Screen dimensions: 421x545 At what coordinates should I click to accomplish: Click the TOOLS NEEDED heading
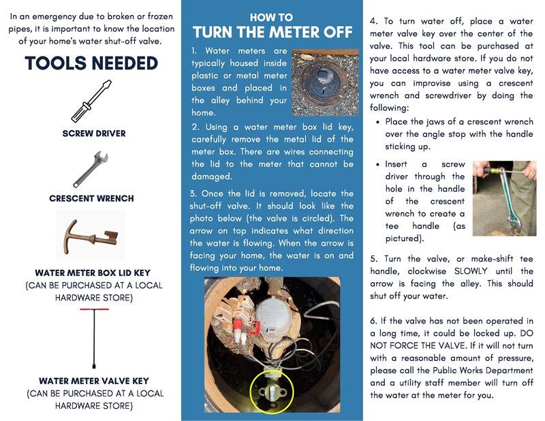pyautogui.click(x=91, y=63)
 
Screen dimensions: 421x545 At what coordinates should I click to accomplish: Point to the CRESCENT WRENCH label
pyautogui.click(x=91, y=199)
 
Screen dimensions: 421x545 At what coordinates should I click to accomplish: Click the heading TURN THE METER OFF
pyautogui.click(x=272, y=32)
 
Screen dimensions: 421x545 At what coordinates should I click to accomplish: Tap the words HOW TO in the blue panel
pyautogui.click(x=272, y=17)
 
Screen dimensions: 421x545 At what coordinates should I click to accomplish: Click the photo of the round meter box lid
pyautogui.click(x=325, y=82)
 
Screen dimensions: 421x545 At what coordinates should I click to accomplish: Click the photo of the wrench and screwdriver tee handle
pyautogui.click(x=504, y=198)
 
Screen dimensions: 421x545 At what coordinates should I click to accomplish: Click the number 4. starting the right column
pyautogui.click(x=374, y=20)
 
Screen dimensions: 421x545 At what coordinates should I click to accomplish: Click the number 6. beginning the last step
pyautogui.click(x=374, y=320)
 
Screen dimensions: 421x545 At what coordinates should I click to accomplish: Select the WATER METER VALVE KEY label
pyautogui.click(x=93, y=381)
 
